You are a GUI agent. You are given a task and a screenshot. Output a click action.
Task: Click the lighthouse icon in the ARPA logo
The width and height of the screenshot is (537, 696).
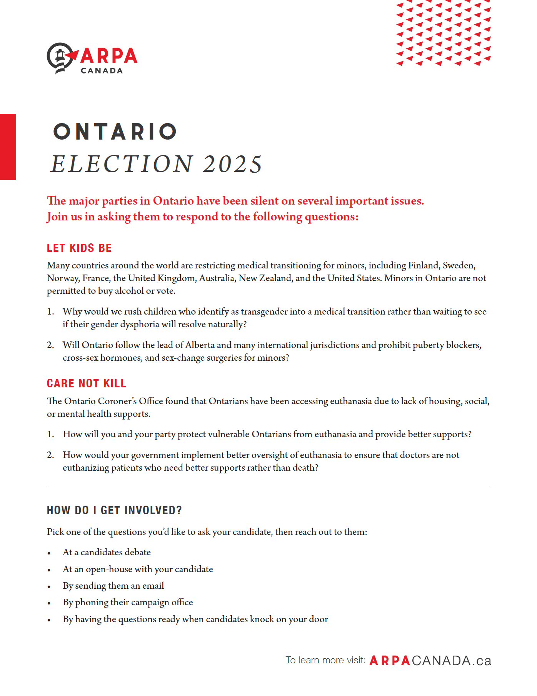coord(60,58)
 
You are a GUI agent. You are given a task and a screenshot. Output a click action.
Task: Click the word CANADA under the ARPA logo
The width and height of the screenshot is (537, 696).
coord(102,71)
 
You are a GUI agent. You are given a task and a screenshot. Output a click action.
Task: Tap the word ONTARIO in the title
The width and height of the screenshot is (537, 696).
coord(115,132)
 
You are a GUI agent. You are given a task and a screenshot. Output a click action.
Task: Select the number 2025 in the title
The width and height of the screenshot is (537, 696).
coord(232,164)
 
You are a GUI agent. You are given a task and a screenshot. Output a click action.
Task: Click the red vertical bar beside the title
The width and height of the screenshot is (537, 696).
coord(8,147)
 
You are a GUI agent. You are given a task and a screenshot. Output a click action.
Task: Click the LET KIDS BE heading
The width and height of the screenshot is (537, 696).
coord(79,248)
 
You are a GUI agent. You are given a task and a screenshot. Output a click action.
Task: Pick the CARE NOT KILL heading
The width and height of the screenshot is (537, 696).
coord(87,383)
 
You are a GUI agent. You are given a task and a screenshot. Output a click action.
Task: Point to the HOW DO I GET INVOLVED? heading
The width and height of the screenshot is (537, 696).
coord(114,510)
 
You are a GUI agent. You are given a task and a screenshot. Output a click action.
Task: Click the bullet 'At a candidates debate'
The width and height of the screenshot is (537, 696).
coord(107,552)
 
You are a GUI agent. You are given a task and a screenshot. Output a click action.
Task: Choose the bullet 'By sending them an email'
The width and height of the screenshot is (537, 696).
coord(113,586)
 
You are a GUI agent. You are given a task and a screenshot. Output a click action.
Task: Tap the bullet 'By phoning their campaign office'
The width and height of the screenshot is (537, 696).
coord(128,602)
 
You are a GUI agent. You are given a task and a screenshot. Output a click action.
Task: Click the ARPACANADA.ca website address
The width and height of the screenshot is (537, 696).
coord(430,661)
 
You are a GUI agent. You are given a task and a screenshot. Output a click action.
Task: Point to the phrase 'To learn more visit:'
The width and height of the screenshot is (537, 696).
coord(325,660)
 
